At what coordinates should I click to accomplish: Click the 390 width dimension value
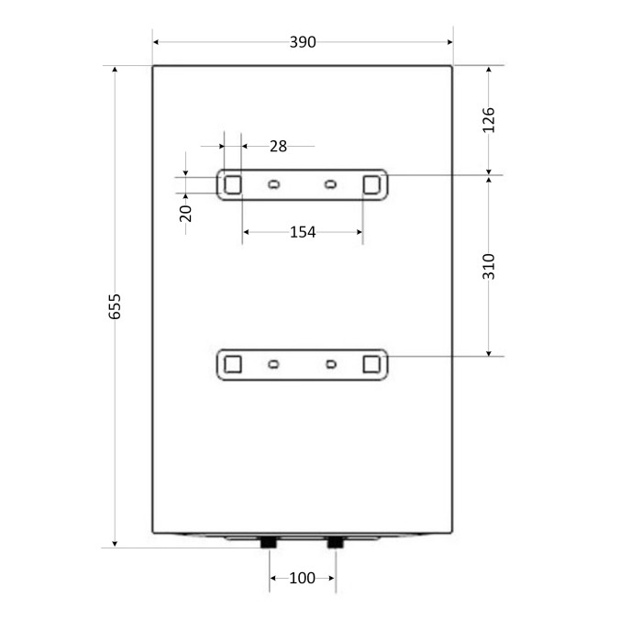(x=303, y=42)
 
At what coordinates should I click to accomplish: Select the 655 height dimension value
(x=115, y=306)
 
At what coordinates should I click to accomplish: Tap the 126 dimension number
(x=489, y=120)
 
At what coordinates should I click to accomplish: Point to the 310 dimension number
(x=489, y=267)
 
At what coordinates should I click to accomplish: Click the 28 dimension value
(x=279, y=147)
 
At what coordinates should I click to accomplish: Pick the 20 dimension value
(x=185, y=214)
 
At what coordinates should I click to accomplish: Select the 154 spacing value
(x=303, y=233)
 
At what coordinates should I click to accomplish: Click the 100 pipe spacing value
(x=302, y=578)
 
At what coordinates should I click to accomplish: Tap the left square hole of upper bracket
(x=233, y=184)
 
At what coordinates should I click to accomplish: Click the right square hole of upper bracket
(x=371, y=184)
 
